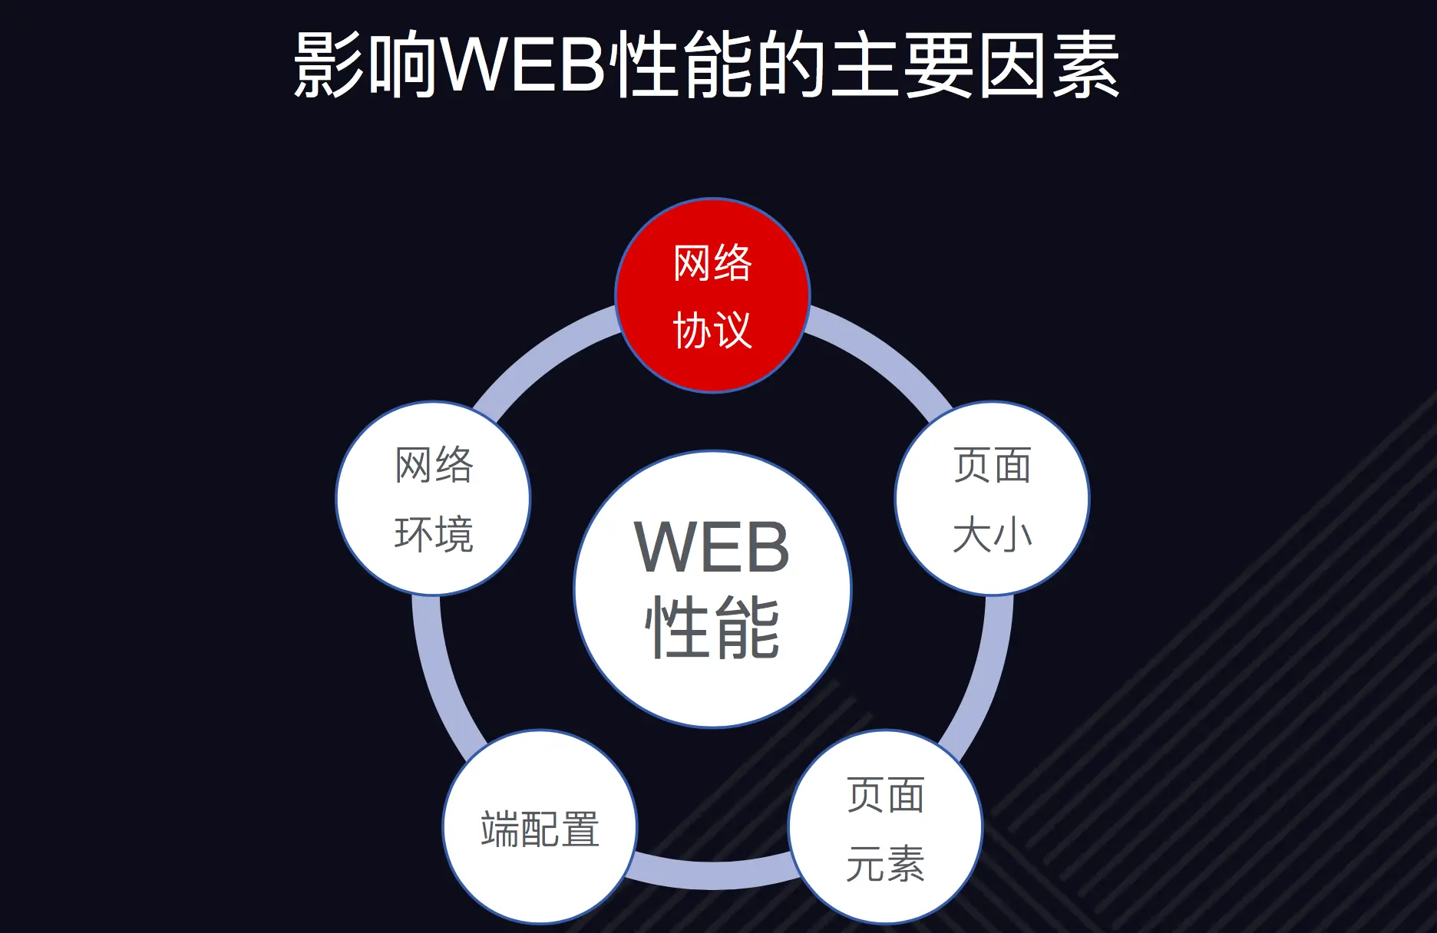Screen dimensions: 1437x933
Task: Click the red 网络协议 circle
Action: pos(712,295)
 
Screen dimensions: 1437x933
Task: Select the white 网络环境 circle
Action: pos(433,498)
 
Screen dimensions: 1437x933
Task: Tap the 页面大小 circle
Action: pos(992,498)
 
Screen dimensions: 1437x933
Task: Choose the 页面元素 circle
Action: pos(885,826)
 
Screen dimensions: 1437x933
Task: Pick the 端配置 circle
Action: pos(540,828)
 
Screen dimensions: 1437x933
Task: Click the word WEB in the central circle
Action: pos(712,547)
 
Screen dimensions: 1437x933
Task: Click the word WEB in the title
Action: pos(524,64)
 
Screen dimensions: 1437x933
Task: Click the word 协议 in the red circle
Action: pos(712,330)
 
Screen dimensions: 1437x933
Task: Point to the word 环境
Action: pos(434,534)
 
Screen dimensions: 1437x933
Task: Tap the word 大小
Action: pos(992,534)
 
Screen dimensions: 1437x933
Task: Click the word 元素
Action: pos(885,863)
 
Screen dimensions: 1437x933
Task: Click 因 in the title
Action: pos(1012,64)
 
